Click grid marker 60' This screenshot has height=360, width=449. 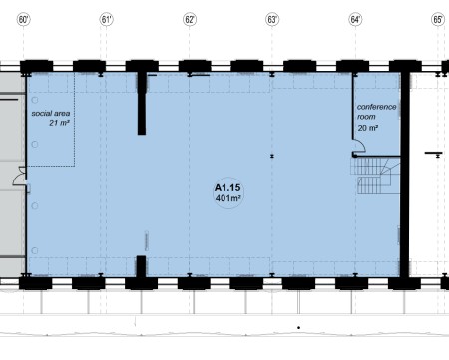(x=24, y=20)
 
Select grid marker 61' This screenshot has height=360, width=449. (x=106, y=20)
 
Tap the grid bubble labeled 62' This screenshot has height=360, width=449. (x=190, y=20)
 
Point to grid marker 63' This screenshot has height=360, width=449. (x=272, y=20)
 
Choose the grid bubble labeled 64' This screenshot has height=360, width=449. (x=355, y=20)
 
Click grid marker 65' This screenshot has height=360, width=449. (x=438, y=20)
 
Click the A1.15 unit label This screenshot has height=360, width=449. (x=227, y=188)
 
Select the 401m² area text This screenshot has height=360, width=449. (x=227, y=198)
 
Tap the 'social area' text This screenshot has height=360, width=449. (x=51, y=114)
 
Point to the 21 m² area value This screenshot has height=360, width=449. (x=59, y=123)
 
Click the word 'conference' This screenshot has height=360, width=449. (x=377, y=107)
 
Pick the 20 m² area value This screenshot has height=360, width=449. (x=368, y=128)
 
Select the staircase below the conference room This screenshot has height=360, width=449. (x=375, y=176)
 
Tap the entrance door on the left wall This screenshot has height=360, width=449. (x=19, y=177)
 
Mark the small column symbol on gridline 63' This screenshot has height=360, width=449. (x=272, y=156)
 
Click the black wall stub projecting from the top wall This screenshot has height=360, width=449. (x=142, y=103)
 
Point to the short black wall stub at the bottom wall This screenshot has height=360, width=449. (x=141, y=266)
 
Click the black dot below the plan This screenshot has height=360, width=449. (x=299, y=328)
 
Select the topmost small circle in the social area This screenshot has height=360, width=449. (x=35, y=100)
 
